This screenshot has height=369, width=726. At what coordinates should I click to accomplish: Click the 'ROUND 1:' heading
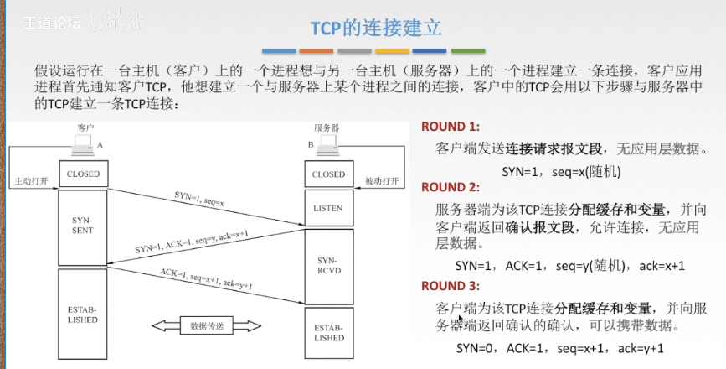coord(450,127)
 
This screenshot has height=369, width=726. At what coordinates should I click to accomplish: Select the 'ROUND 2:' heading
coord(450,186)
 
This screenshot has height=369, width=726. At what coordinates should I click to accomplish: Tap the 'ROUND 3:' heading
coord(450,286)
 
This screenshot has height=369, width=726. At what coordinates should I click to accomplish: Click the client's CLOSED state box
coord(82,174)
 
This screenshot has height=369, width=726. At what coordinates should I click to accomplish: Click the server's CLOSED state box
coord(327,174)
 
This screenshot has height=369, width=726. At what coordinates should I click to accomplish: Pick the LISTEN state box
coord(327,208)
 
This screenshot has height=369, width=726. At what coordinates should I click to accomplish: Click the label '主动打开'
coord(31,181)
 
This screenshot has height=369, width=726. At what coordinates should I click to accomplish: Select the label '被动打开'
coord(382,181)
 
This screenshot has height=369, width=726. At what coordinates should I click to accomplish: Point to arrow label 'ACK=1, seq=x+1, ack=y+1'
coord(206,281)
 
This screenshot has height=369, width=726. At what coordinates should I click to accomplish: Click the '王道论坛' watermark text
coord(52,23)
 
